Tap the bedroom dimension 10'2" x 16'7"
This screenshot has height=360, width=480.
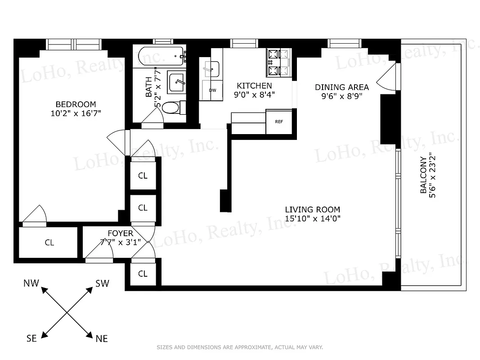click(76, 113)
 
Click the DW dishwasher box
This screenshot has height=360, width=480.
click(213, 90)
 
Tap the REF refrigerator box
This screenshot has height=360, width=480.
click(279, 121)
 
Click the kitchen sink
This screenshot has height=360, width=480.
click(210, 69)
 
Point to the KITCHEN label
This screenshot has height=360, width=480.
click(254, 85)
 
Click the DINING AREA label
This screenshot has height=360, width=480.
click(341, 87)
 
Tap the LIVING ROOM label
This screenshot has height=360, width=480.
click(312, 210)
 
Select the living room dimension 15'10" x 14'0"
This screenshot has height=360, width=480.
click(312, 219)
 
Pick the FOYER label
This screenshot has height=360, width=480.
click(120, 233)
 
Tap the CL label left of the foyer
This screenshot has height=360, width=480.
click(49, 243)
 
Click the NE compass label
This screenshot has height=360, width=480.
click(102, 338)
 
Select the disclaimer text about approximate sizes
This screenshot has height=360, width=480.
click(239, 347)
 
